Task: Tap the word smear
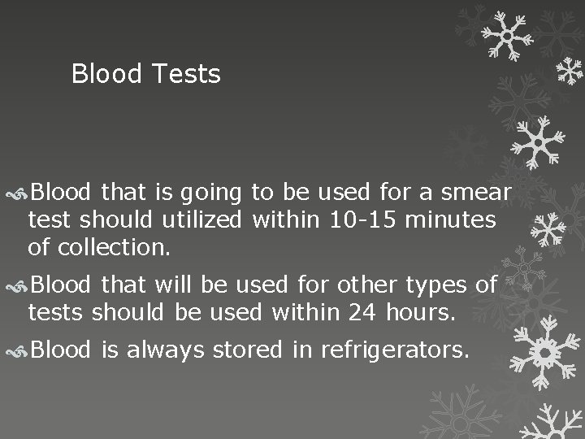pos(475,193)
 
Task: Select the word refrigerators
pos(396,350)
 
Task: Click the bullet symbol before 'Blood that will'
pos(19,286)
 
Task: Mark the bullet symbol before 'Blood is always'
pos(19,350)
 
